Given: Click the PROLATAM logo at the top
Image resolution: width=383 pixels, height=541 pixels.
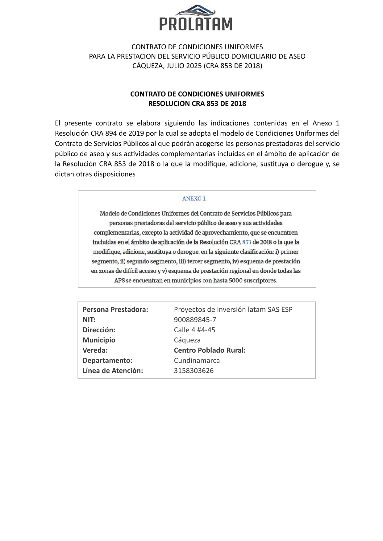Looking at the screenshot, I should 196,18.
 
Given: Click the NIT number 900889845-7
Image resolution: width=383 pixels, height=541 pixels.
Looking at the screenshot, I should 195,320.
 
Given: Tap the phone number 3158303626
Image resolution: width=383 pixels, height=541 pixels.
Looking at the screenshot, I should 194,371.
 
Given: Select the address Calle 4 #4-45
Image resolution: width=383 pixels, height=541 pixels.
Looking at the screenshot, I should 194,330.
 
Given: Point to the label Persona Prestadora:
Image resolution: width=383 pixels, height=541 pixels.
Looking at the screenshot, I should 115,309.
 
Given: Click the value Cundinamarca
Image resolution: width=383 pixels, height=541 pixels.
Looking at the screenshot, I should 197,360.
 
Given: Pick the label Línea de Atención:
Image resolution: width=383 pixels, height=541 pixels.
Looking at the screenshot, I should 113,371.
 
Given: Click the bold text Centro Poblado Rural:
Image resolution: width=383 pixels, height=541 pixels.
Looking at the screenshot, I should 210,350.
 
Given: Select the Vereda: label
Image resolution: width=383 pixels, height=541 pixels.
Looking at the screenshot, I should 95,350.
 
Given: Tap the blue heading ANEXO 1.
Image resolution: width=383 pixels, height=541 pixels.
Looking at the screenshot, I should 194,199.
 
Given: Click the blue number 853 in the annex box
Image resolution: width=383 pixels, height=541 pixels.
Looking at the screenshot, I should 247,242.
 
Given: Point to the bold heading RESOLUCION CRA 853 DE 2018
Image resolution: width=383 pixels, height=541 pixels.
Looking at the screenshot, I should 197,104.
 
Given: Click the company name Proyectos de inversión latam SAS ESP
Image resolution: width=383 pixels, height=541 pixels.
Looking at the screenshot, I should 233,309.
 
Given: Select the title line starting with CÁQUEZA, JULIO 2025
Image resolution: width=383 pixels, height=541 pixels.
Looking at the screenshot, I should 197,66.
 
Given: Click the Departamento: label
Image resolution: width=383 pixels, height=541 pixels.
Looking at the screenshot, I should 107,360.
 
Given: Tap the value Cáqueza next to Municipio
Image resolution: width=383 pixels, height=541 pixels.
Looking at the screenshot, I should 187,340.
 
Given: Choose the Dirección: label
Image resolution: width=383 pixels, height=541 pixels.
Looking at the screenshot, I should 99,330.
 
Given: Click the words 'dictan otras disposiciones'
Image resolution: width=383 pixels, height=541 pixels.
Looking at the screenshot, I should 95,174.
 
